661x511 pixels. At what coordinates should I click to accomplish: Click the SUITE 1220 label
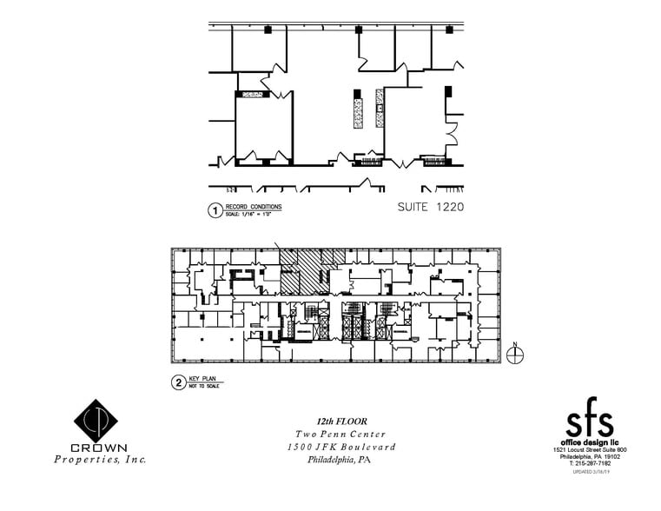click(430, 207)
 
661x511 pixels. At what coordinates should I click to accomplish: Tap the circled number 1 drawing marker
click(211, 209)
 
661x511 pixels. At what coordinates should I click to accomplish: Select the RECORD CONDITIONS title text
click(253, 206)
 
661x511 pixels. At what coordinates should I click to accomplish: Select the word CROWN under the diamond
click(99, 448)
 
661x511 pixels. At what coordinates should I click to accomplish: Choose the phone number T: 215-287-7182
click(590, 462)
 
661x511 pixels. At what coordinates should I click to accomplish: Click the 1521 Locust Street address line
click(590, 449)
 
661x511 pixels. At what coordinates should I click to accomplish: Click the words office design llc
click(590, 442)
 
